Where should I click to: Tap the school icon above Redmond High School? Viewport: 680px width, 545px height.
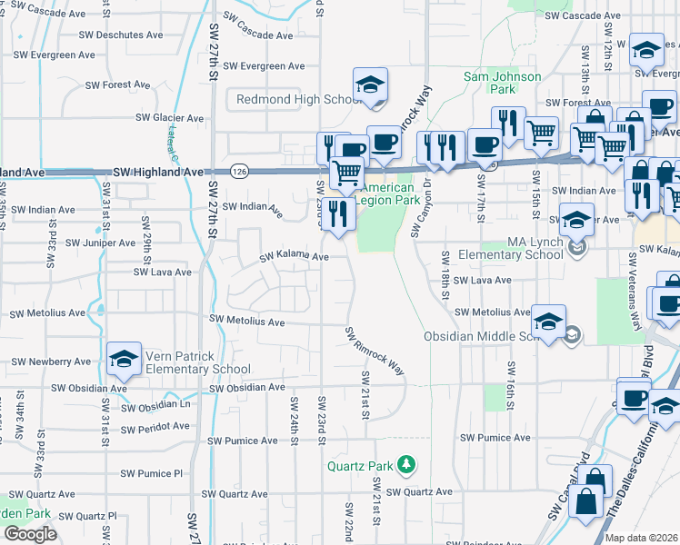[x=370, y=85]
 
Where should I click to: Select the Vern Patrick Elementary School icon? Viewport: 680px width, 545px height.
[x=124, y=358]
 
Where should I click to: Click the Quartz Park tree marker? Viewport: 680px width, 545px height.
[x=406, y=466]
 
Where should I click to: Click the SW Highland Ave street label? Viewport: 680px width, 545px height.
[x=158, y=172]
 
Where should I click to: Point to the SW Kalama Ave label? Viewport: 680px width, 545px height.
[x=294, y=258]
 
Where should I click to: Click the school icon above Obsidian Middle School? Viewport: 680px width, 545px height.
[x=549, y=322]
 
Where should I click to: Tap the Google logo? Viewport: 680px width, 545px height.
[x=29, y=534]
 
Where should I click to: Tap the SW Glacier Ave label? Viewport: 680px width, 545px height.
[x=169, y=118]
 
